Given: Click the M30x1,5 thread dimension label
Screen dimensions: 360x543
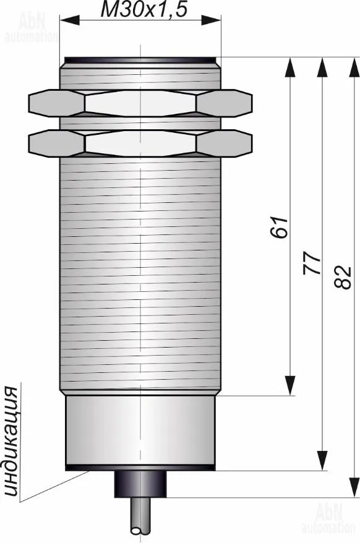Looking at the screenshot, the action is pos(144,9).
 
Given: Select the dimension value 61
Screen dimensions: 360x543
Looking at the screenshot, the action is pos(279,227).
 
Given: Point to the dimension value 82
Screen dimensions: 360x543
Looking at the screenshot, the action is pos(343,277).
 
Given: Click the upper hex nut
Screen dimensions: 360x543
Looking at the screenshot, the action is pos(140,103).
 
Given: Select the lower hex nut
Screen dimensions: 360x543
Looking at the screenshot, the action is pos(140,143).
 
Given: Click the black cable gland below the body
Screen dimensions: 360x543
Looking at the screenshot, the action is pos(140,484).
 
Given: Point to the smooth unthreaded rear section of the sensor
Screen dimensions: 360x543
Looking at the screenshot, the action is pos(140,430).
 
